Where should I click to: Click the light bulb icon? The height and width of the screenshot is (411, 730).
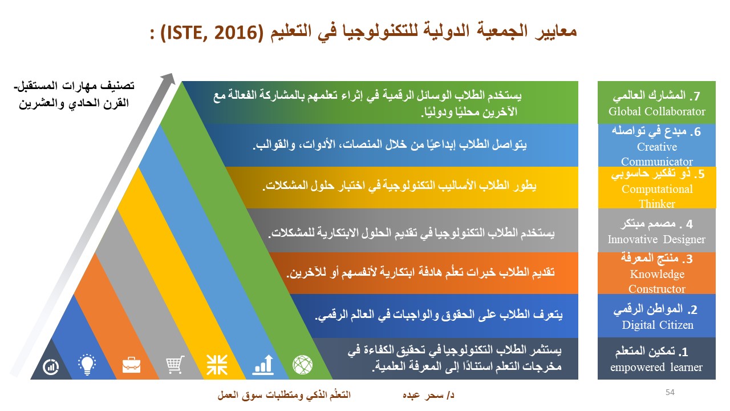87,364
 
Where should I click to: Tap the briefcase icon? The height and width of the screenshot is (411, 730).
131,365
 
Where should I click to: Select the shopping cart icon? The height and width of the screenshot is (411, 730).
175,365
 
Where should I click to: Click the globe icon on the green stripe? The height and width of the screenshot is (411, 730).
303,365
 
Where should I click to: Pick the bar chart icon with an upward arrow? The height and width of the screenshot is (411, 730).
263,365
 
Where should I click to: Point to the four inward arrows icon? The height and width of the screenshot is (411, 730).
217,365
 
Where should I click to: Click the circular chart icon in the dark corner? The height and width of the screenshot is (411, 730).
51,367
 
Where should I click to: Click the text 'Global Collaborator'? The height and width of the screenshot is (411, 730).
656,111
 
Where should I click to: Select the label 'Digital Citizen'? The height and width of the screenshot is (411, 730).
658,325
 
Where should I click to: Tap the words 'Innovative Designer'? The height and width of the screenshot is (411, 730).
656,239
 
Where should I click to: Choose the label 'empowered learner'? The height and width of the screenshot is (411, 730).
656,367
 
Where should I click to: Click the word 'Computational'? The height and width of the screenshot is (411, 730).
657,189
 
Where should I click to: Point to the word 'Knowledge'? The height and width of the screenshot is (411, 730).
657,275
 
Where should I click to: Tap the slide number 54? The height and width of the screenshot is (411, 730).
670,392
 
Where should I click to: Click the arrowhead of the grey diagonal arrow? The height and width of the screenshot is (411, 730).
169,79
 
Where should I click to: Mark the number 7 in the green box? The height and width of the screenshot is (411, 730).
696,96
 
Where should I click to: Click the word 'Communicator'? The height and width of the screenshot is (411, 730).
656,162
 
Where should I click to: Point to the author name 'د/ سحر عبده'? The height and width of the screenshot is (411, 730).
428,396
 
